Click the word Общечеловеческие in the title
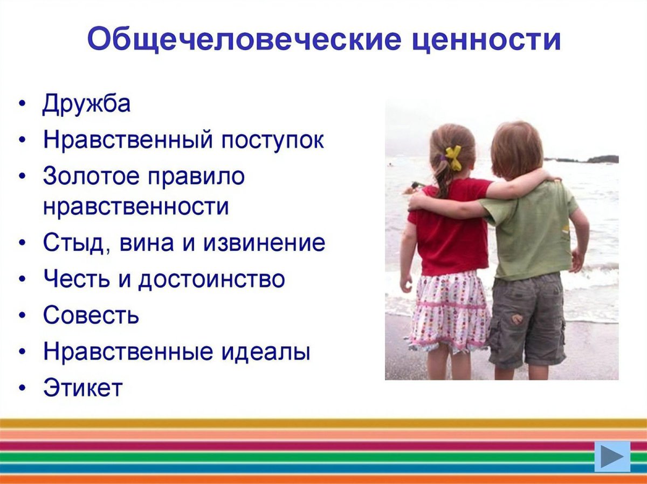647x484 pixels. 223,40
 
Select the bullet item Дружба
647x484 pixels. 86,104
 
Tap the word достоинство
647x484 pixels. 211,279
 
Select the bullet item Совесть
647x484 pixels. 91,315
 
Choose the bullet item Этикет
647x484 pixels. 83,388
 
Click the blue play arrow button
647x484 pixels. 612,457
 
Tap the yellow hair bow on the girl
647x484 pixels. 453,157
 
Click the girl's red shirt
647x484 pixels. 449,232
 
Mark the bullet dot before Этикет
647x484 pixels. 22,388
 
